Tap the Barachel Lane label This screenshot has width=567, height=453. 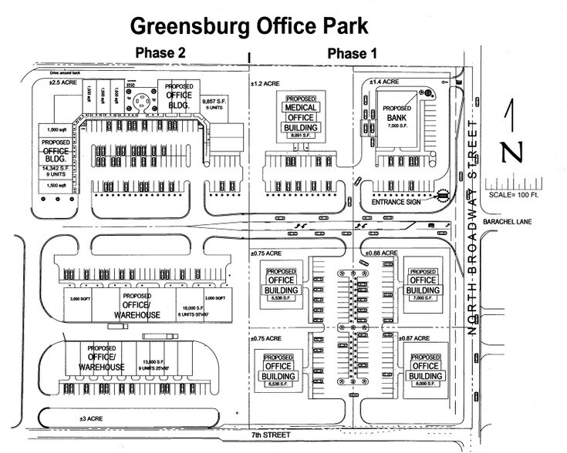tap(506, 226)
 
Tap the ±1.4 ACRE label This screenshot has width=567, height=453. tap(383, 81)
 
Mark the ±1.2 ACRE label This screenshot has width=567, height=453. tap(264, 81)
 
